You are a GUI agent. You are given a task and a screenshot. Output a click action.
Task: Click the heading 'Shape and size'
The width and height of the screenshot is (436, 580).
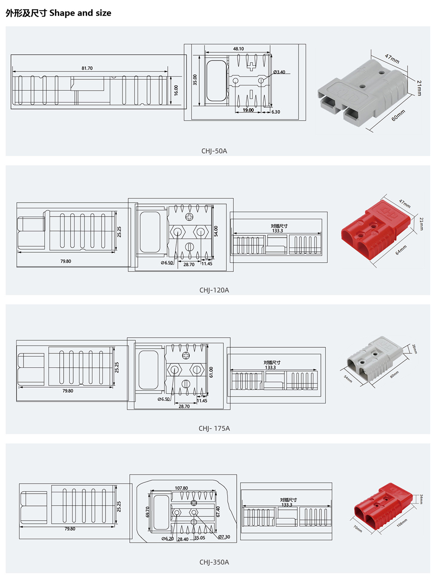80,13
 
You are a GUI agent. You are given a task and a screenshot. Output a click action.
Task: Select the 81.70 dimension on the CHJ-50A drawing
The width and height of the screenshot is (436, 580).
87,68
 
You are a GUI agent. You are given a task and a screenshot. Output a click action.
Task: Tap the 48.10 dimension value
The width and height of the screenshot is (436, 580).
238,49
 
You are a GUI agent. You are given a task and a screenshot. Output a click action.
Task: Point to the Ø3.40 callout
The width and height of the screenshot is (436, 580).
279,72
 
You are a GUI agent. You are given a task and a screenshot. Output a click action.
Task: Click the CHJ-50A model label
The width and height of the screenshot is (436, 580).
214,151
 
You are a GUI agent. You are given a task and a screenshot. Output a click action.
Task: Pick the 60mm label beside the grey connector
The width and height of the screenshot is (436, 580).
398,115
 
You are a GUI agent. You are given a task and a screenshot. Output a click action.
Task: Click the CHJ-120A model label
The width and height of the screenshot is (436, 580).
214,290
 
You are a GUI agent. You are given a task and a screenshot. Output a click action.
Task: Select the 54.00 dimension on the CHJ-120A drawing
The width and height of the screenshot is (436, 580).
216,231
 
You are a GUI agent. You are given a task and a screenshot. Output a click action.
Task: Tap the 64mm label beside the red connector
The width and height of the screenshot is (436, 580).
401,250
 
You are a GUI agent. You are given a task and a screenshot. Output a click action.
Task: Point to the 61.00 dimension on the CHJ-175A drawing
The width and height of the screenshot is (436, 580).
211,372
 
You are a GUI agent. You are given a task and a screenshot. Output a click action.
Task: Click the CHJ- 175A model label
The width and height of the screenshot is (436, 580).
214,428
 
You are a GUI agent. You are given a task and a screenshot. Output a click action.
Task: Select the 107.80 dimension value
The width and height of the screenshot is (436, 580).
181,488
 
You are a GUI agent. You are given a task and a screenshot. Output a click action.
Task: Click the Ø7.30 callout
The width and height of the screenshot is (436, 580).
224,537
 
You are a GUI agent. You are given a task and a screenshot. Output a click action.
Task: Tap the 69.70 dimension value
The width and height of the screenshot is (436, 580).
148,512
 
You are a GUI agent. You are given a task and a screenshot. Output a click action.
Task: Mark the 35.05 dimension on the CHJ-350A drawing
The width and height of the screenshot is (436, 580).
200,538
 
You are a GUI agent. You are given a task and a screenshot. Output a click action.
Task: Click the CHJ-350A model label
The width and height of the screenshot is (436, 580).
214,562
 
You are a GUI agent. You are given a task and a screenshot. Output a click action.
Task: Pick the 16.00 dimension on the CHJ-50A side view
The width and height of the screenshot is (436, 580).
176,90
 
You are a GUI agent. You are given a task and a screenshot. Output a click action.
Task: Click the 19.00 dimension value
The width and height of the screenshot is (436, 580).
248,110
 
